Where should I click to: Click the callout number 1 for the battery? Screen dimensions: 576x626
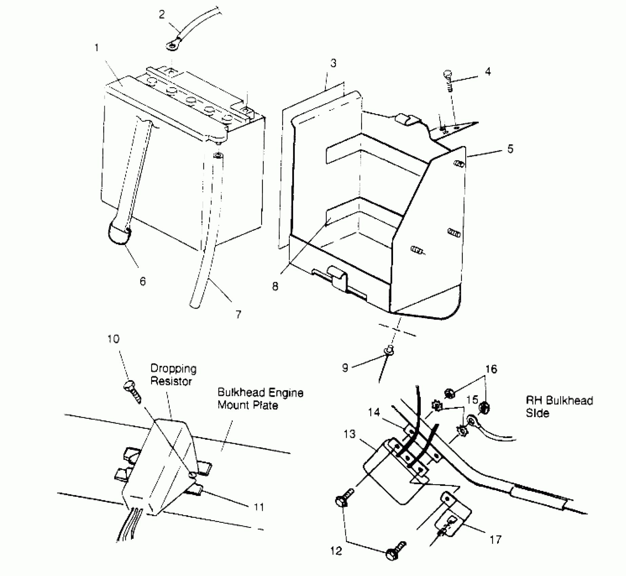97,48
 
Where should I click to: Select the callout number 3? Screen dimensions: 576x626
333,63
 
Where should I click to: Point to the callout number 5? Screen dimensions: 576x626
510,149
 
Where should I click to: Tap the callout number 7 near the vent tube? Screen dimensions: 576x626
238,314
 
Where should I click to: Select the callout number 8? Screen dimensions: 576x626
275,286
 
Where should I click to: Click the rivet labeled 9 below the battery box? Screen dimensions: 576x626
389,350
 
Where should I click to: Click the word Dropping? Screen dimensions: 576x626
173,368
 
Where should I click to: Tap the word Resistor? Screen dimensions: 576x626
171,381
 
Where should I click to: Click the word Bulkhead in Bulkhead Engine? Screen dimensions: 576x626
241,392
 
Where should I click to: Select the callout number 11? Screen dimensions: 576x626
259,507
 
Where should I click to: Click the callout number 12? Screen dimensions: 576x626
336,551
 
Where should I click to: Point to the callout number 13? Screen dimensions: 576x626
349,434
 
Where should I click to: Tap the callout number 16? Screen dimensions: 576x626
491,369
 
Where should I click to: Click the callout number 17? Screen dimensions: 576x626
495,539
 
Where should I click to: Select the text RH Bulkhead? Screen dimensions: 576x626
559,400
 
